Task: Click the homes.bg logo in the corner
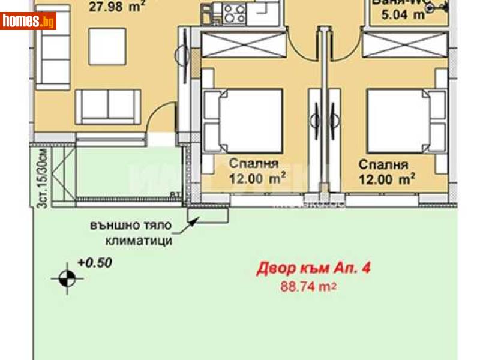click(x=28, y=22)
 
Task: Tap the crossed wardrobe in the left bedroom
click(x=243, y=44)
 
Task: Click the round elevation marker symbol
click(x=67, y=278)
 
